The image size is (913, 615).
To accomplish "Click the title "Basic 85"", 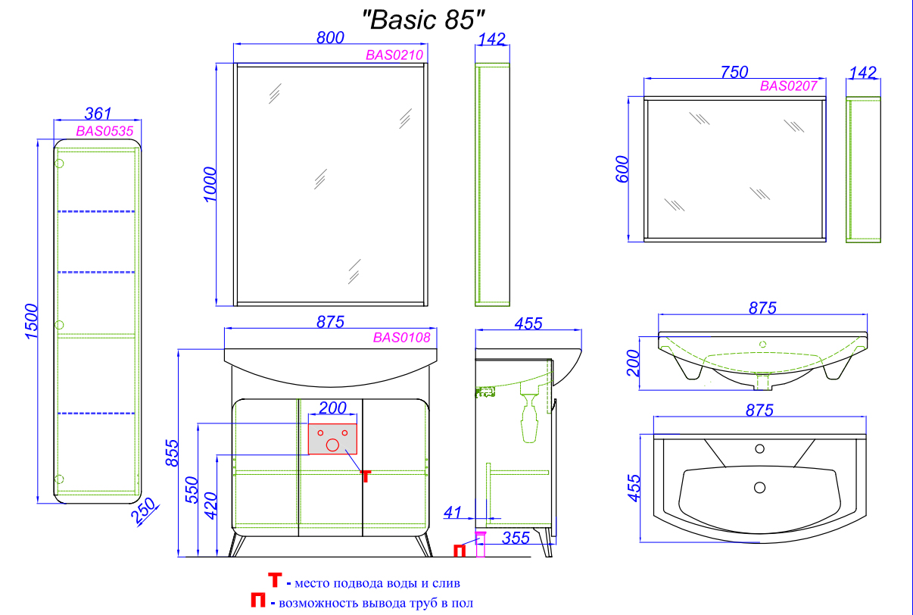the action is (x=423, y=19).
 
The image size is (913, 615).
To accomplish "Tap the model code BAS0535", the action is (x=104, y=131).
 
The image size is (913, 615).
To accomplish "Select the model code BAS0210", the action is (x=394, y=55).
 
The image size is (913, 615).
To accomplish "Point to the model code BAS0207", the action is (x=788, y=86).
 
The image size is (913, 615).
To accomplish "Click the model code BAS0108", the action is (x=401, y=337).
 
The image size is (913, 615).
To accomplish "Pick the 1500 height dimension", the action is (x=31, y=321).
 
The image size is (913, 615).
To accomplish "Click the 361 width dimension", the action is (x=98, y=114).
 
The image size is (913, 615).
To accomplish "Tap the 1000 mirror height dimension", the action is (x=210, y=184).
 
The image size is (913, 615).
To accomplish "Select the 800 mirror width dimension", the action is (x=330, y=38).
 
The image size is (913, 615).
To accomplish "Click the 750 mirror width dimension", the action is (x=734, y=72).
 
